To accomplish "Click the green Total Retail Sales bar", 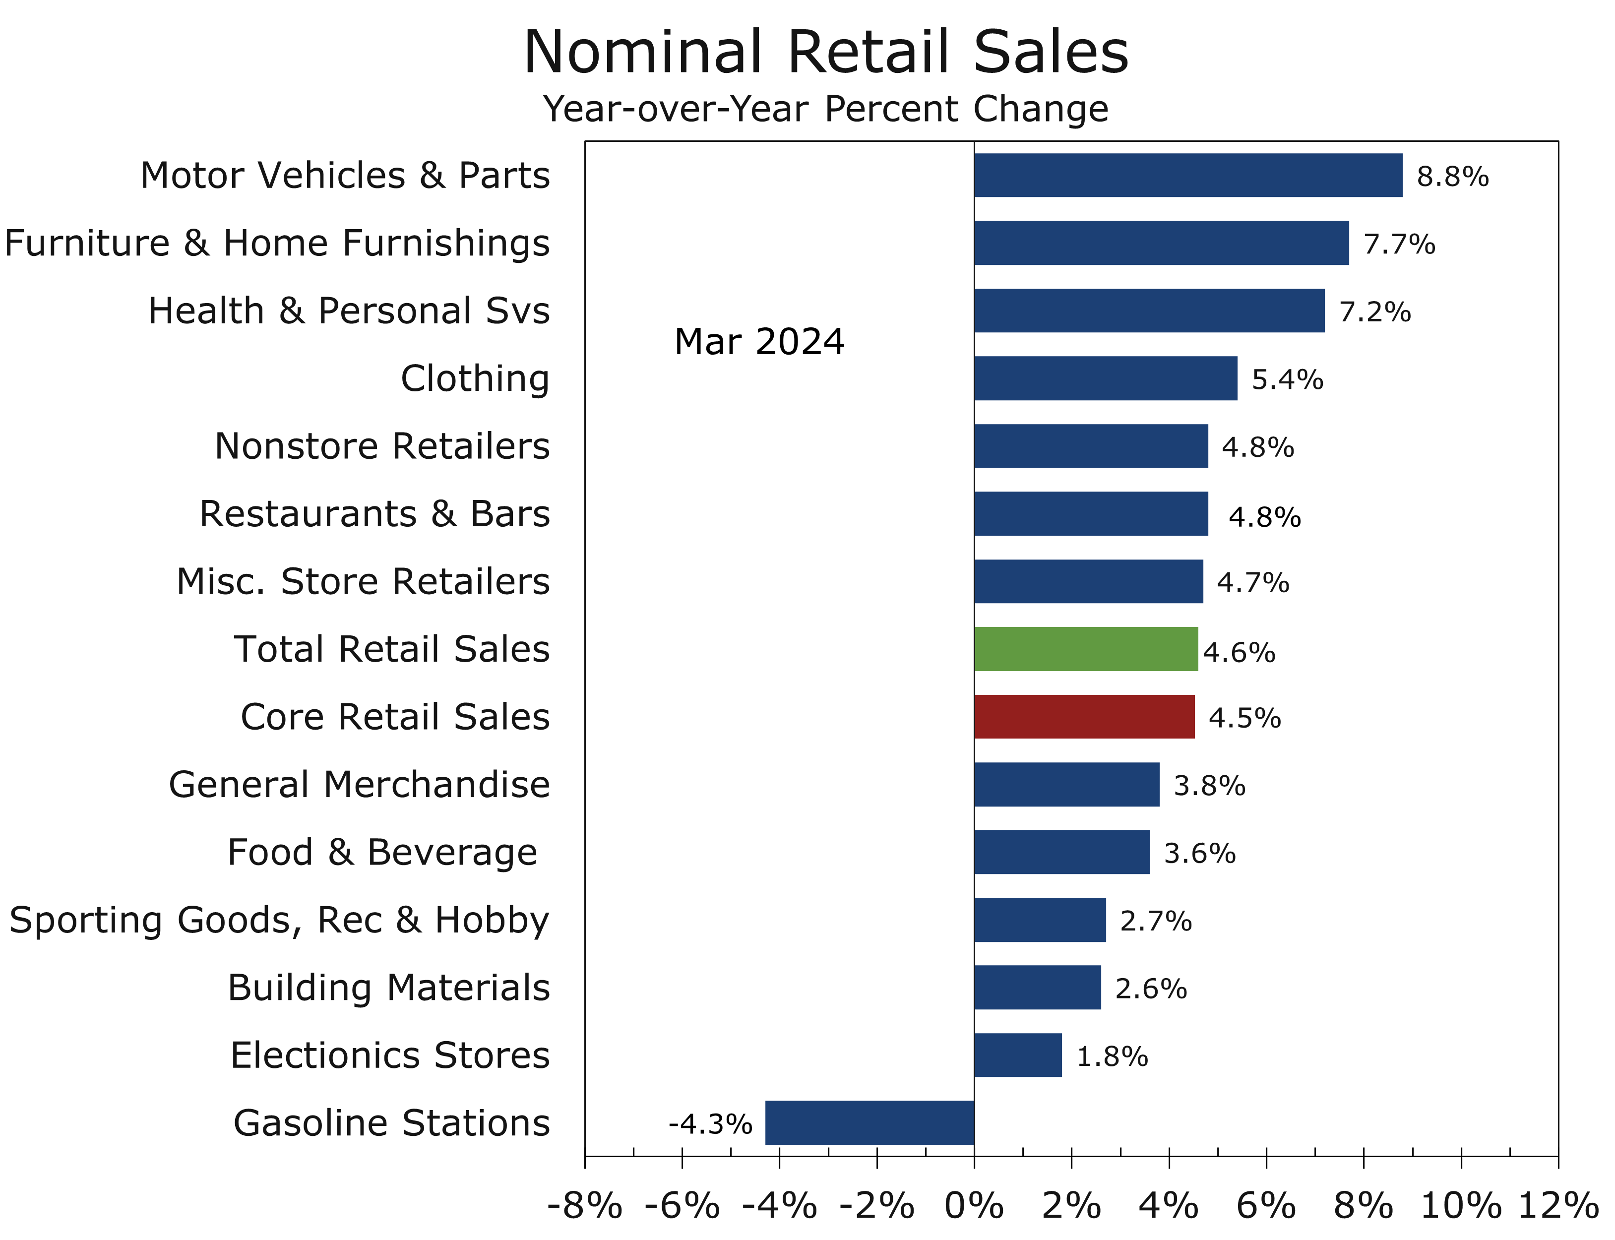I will pos(1085,649).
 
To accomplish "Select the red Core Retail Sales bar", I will pos(1084,717).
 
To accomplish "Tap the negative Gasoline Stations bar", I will pos(870,1122).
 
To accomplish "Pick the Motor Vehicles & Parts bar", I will pos(1187,176).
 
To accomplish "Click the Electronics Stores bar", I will pos(1018,1054).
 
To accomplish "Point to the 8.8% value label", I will pos(1452,177).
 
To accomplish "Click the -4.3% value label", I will pos(710,1124).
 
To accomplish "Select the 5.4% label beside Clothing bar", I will pos(1287,379).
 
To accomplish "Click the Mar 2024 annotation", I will pos(759,342).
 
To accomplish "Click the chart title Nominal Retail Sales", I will pos(826,52).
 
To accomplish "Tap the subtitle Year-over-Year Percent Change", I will pos(825,109).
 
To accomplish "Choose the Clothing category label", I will pos(475,378).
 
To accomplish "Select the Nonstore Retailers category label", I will pos(381,446).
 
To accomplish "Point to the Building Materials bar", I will pos(1037,988).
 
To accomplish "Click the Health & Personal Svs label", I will pos(348,310).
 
